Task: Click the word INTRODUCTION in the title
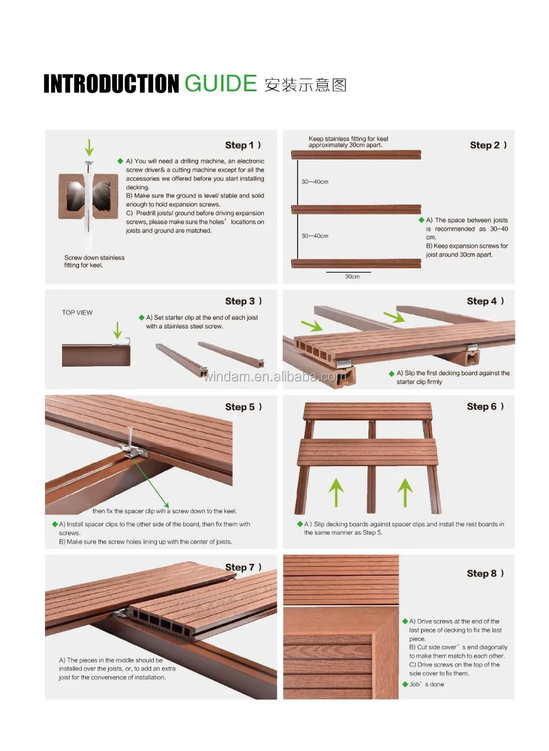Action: click(111, 84)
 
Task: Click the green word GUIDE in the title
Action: click(221, 84)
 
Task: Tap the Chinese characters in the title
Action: click(305, 85)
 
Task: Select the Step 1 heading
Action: click(243, 145)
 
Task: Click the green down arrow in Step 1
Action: click(89, 147)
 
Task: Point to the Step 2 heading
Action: click(488, 145)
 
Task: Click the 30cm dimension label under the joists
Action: click(352, 277)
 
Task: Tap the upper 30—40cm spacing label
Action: click(315, 181)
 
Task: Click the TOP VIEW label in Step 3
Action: click(77, 312)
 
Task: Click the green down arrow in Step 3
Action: click(117, 330)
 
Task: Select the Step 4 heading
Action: click(485, 301)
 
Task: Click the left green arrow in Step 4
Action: click(312, 326)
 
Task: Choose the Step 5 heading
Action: click(243, 407)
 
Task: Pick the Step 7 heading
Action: click(243, 567)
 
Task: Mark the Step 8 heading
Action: click(485, 573)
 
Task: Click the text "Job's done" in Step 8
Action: click(427, 684)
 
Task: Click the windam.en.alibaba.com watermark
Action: click(274, 377)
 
